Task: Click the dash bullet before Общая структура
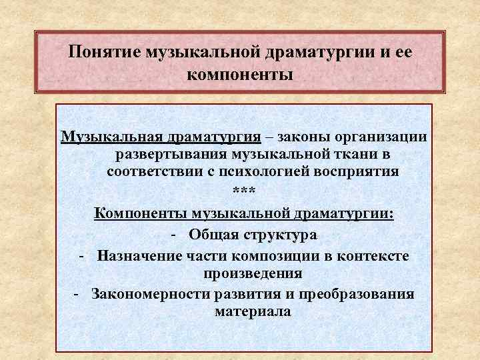(x=173, y=235)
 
